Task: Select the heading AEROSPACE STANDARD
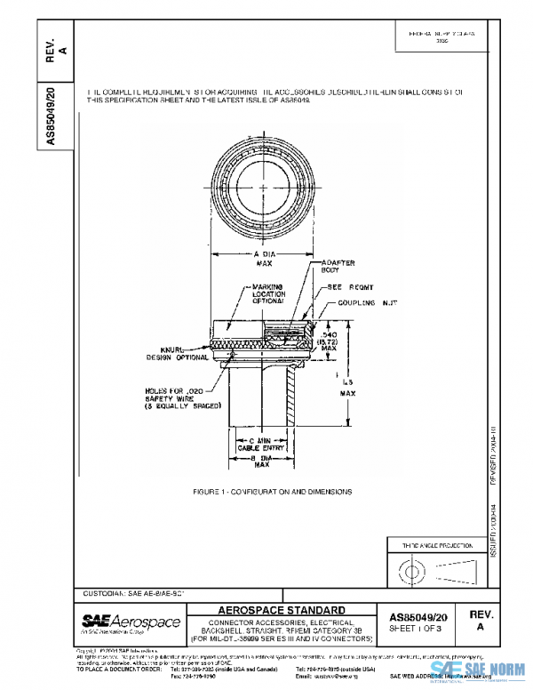[282, 610]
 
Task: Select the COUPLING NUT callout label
[350, 302]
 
